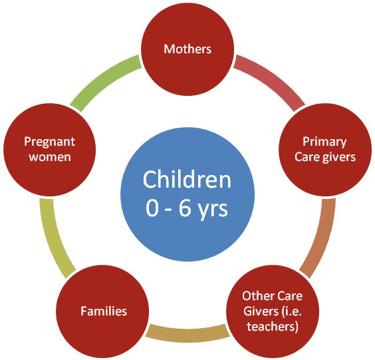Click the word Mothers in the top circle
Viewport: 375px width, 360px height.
tap(187, 49)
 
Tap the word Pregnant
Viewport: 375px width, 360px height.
tap(49, 142)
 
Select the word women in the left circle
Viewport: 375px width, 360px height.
tap(50, 157)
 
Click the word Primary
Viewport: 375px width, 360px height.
tap(324, 142)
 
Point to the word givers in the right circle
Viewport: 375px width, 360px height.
tap(339, 158)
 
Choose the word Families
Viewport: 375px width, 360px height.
tap(104, 311)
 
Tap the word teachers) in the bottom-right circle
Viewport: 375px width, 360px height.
tap(273, 327)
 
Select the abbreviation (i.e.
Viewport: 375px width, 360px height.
tap(291, 311)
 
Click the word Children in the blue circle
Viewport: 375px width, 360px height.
tap(187, 180)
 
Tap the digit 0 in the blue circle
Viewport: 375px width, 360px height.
tap(152, 208)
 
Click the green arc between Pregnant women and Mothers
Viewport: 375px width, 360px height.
tap(103, 80)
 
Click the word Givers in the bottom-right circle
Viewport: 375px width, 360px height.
tap(261, 311)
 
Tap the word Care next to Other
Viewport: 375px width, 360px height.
tap(290, 296)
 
